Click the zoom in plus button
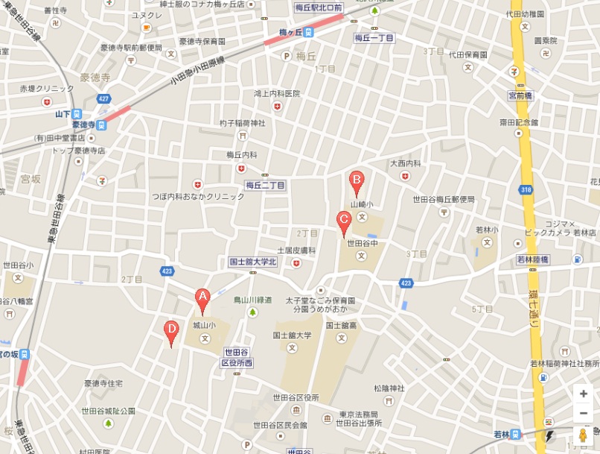tap(584, 394)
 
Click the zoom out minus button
tap(584, 413)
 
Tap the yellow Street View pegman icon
tap(582, 435)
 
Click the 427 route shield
tap(104, 98)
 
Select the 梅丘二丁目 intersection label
tap(265, 185)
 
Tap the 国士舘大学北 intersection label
tap(252, 262)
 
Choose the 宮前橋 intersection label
tap(520, 95)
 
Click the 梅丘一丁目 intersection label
tap(373, 37)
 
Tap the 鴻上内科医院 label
tap(277, 94)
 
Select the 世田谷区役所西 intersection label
tap(237, 357)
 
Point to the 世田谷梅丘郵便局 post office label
tap(444, 199)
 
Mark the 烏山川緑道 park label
tap(252, 300)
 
